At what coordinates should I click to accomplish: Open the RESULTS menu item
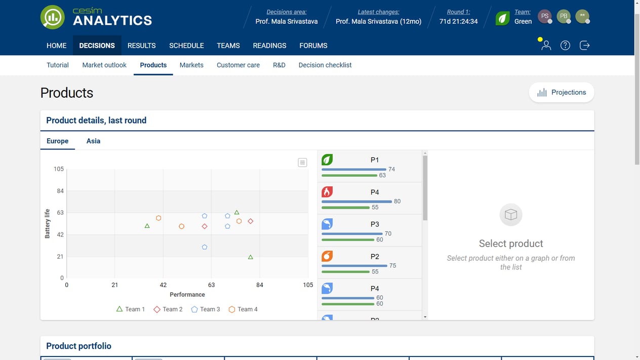point(141,46)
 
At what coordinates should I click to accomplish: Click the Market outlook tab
point(104,65)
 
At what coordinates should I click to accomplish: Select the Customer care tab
point(238,65)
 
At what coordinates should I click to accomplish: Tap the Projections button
point(561,92)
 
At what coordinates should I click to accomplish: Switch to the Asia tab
point(93,141)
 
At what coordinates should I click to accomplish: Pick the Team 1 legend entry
point(131,309)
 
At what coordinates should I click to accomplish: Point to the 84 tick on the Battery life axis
point(60,191)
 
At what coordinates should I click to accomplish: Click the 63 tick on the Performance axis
point(211,285)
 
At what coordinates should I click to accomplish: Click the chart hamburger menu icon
point(302,163)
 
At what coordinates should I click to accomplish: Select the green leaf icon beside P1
point(328,160)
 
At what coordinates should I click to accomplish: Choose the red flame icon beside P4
point(328,192)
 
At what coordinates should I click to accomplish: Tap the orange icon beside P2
point(328,256)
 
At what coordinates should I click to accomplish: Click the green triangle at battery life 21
point(250,257)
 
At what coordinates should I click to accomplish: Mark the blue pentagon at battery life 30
point(205,247)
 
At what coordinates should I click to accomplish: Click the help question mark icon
point(565,46)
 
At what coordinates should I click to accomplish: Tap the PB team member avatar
point(563,16)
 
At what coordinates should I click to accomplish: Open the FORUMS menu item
point(313,46)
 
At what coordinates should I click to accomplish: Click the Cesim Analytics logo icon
point(53,17)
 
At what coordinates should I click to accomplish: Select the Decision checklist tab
point(325,65)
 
